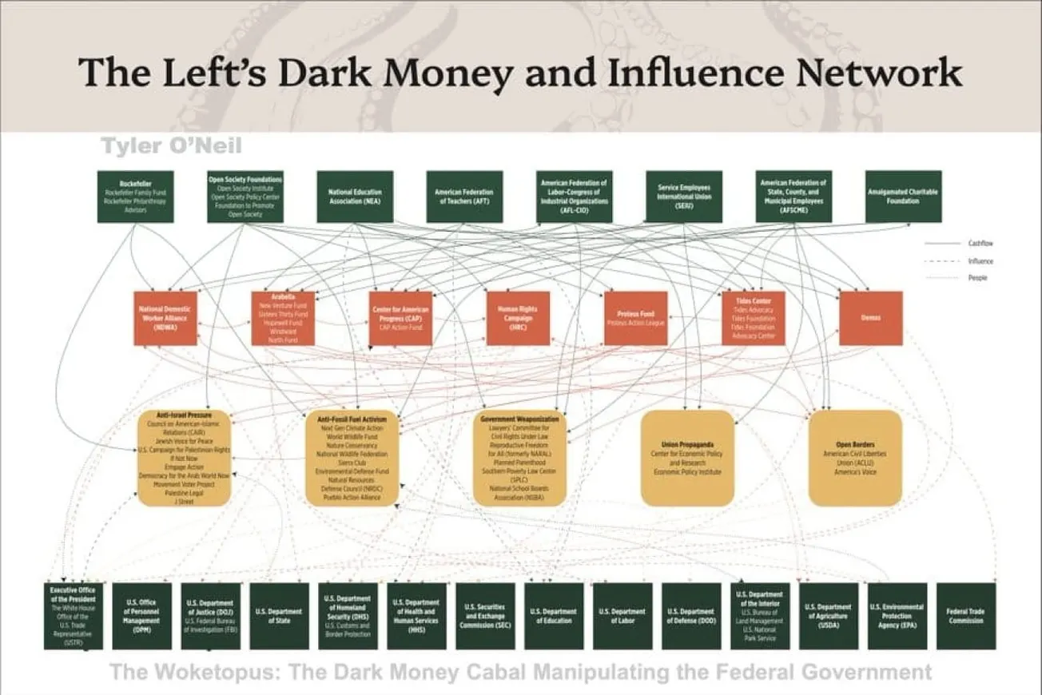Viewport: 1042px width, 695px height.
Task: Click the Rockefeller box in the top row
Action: click(135, 197)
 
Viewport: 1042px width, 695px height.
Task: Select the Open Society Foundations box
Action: click(245, 197)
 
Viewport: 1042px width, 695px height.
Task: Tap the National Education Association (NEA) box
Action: click(355, 197)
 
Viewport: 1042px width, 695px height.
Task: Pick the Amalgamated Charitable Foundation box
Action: click(903, 197)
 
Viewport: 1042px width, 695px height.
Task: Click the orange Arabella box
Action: click(283, 318)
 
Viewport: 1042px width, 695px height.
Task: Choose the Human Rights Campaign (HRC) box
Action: click(518, 318)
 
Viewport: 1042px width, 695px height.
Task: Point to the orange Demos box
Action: click(870, 318)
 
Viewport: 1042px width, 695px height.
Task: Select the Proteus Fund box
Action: click(635, 318)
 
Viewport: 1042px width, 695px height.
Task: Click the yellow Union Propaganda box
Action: click(687, 459)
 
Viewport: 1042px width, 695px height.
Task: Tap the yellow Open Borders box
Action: click(849, 459)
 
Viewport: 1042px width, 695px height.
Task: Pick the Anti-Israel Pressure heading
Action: click(184, 417)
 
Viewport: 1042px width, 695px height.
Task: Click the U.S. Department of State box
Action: click(279, 616)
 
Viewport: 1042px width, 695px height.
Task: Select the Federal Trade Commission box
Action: click(966, 616)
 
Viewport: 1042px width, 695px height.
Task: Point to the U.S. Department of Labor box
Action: click(622, 616)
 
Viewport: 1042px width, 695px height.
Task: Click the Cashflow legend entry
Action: click(980, 243)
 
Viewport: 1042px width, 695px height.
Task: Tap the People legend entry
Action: click(977, 278)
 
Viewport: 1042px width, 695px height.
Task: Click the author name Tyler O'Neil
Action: click(171, 146)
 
